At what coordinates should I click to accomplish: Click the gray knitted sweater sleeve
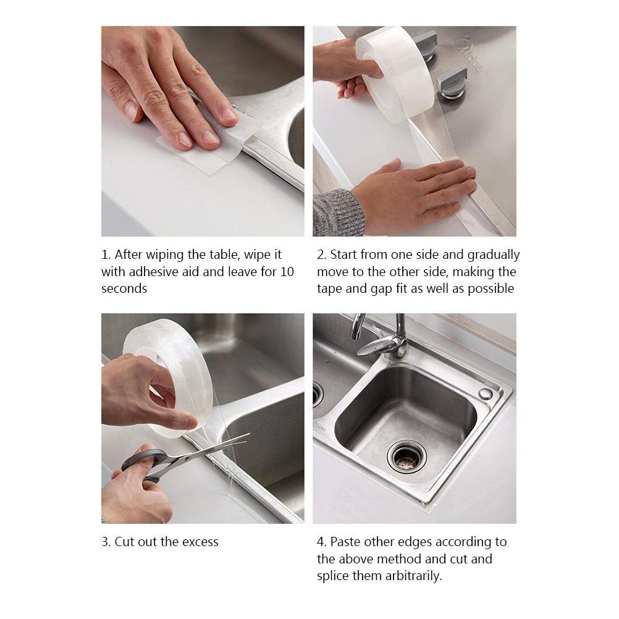click(337, 213)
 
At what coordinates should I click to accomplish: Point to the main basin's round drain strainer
click(406, 456)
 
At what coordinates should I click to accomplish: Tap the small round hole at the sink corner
click(486, 394)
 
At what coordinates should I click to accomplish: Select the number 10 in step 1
click(287, 272)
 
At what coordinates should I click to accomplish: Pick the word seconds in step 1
click(124, 288)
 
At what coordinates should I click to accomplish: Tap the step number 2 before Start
click(321, 255)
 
